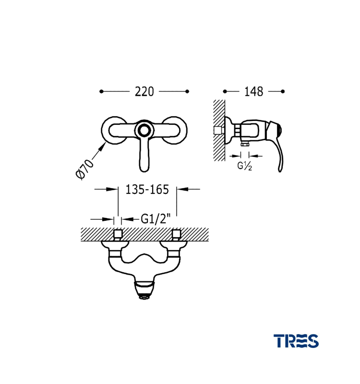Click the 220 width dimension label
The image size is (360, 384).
[144, 92]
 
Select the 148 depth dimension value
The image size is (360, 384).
[254, 92]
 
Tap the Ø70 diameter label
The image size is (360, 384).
[84, 169]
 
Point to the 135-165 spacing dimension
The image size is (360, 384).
[147, 189]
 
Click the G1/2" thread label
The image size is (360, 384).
[156, 219]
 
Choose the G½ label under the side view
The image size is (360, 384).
[244, 166]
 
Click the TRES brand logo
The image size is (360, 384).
[296, 341]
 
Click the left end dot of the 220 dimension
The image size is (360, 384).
[101, 91]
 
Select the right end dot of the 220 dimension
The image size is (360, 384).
[187, 91]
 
